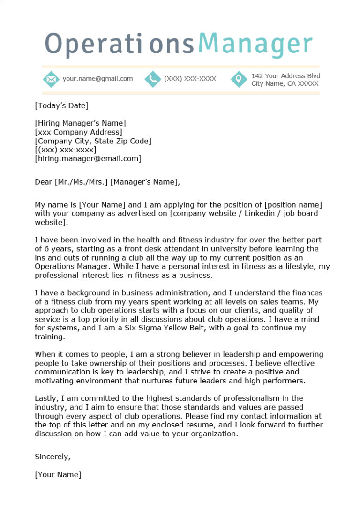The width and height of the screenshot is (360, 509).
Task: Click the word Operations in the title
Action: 119,44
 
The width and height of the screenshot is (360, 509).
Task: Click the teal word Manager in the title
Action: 255,44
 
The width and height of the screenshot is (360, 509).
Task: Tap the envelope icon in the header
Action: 51,79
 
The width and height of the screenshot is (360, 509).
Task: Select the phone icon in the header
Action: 153,79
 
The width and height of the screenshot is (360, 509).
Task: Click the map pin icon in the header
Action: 239,79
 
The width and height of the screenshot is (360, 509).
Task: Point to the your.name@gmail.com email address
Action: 97,79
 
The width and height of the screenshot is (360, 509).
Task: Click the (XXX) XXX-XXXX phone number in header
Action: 190,79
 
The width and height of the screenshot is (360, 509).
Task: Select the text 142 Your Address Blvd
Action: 286,75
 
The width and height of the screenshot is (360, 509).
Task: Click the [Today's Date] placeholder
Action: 61,105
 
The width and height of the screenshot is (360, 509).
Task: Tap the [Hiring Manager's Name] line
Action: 80,123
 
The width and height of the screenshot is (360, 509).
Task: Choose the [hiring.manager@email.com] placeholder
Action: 88,158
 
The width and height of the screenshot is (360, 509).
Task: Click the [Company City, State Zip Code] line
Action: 93,141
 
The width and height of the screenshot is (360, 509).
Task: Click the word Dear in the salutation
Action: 44,182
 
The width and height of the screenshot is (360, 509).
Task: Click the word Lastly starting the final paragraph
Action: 46,398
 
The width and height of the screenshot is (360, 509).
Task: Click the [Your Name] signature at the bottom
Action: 58,474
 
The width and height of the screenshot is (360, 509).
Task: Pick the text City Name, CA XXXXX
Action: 285,83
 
